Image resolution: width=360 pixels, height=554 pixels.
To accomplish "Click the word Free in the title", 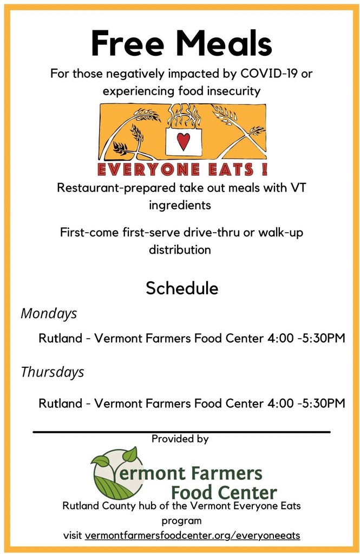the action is pos(128,43).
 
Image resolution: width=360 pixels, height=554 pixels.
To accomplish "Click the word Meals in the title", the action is pos(224,43).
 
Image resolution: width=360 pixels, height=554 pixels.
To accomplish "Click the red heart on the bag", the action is pos(183,141).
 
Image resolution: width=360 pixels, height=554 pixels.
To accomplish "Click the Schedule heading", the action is pos(182,288).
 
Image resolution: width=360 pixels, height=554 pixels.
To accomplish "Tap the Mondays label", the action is pos(49,314).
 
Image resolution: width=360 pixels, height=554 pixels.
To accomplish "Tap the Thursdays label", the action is pos(53,372).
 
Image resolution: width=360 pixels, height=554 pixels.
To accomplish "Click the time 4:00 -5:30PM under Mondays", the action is pos(306,338).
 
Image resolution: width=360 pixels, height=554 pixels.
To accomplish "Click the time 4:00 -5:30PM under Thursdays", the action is pos(306,403).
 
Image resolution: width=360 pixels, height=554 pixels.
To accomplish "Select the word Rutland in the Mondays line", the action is pos(61,338).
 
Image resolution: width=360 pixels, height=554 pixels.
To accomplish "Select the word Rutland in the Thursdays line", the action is pos(61,403).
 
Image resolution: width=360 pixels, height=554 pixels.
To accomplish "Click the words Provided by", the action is pos(180,439).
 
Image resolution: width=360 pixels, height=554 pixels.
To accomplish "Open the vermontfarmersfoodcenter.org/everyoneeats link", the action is pos(192,536).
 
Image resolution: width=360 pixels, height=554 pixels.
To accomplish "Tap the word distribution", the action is pos(180,250).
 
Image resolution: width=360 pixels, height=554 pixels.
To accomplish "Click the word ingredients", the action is pos(180,205).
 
